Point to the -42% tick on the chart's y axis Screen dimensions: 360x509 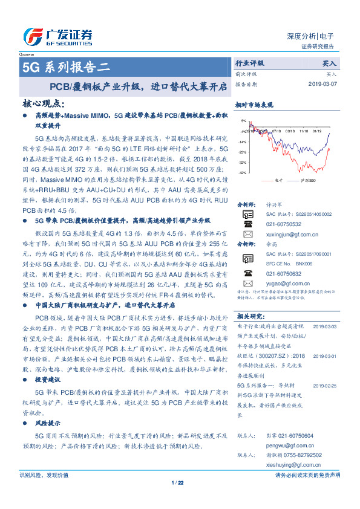tap(242, 173)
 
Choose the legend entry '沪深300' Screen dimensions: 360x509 tap(308, 180)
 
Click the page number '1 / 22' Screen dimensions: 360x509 tap(177, 482)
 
